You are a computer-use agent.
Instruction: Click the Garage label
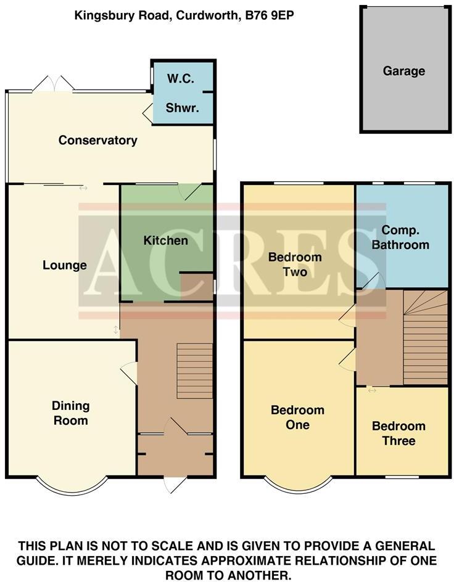[x=404, y=71]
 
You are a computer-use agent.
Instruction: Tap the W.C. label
[x=182, y=79]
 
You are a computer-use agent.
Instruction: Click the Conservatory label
[x=97, y=141]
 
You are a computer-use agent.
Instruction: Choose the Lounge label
[x=64, y=266]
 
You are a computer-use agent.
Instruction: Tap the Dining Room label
[x=70, y=413]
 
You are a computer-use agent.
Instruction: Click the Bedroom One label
[x=298, y=417]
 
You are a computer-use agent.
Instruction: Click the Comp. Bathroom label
[x=405, y=237]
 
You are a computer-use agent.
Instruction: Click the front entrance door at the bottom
[x=173, y=484]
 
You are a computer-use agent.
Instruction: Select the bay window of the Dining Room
[x=71, y=484]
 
